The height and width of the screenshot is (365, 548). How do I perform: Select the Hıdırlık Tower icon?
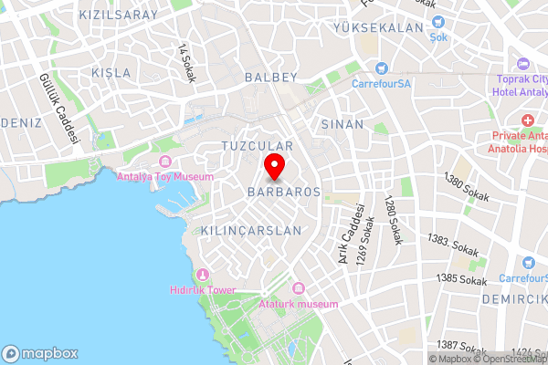point(203,275)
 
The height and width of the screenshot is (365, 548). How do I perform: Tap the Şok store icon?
point(439,21)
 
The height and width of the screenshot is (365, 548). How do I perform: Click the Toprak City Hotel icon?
point(522,63)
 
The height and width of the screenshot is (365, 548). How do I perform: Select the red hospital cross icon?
point(527,120)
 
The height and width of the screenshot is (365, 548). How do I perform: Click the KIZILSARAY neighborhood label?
point(118,16)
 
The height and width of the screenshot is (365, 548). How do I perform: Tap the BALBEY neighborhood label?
point(272,78)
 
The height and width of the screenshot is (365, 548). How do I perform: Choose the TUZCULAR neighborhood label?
point(257,146)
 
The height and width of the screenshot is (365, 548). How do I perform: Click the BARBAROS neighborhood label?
point(283,193)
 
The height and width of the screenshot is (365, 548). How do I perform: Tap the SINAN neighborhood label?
point(342,124)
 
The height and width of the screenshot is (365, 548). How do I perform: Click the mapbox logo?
point(41,353)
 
